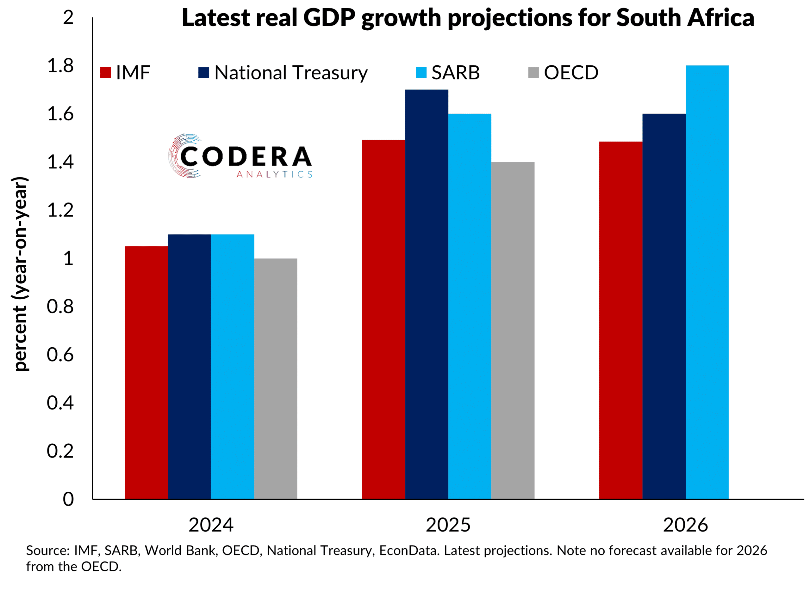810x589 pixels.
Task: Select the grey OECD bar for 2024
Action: click(x=275, y=378)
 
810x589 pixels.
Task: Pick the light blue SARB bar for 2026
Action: click(x=707, y=282)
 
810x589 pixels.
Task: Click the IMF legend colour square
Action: click(x=105, y=72)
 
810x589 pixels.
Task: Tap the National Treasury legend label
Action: click(x=291, y=73)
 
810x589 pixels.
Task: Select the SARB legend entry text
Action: click(x=455, y=73)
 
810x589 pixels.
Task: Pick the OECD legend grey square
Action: click(x=533, y=72)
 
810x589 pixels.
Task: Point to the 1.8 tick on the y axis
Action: click(x=60, y=66)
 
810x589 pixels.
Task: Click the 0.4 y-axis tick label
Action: click(x=60, y=403)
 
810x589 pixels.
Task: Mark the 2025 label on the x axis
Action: click(x=448, y=525)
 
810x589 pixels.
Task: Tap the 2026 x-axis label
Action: click(x=685, y=525)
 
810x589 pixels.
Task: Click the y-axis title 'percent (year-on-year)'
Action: click(x=20, y=274)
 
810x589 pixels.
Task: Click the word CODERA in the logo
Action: click(x=246, y=157)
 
